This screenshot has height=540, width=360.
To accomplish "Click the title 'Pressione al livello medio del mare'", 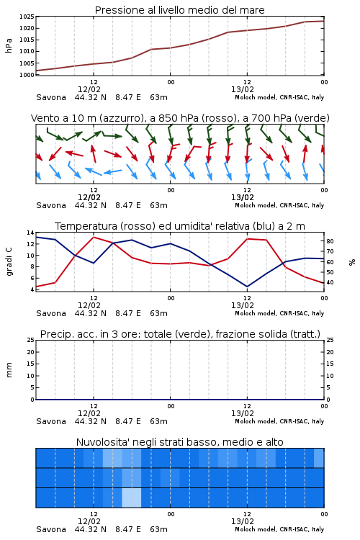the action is pos(179,10).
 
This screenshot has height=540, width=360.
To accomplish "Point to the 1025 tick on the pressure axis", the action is pos(27,17).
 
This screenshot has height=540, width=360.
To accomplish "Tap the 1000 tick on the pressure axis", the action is pos(27,75).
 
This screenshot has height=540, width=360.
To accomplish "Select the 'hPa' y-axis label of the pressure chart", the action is pos(9,45).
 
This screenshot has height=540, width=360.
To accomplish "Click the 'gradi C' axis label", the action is pos(9,261).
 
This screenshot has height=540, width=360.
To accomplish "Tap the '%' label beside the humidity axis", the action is pos(352,262).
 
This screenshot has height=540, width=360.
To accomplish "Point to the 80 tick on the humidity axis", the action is pos(330,241).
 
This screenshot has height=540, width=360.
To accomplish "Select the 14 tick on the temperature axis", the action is pos(30,233).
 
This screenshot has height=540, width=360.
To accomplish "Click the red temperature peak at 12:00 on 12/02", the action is pos(94,238).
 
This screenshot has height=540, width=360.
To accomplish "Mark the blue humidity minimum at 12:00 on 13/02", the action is pos(247,286).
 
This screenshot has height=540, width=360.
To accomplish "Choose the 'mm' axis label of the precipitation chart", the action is pos(9,370).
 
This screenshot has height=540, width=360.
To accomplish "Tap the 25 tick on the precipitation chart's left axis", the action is pos(31,341).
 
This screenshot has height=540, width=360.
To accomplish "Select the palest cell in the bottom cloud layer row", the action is pos(132,498).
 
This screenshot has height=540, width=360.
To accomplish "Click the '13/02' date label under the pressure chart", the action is pos(243,89).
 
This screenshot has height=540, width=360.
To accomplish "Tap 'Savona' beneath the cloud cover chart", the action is pos(51,529).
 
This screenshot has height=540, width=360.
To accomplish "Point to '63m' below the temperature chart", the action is pos(159,313).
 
